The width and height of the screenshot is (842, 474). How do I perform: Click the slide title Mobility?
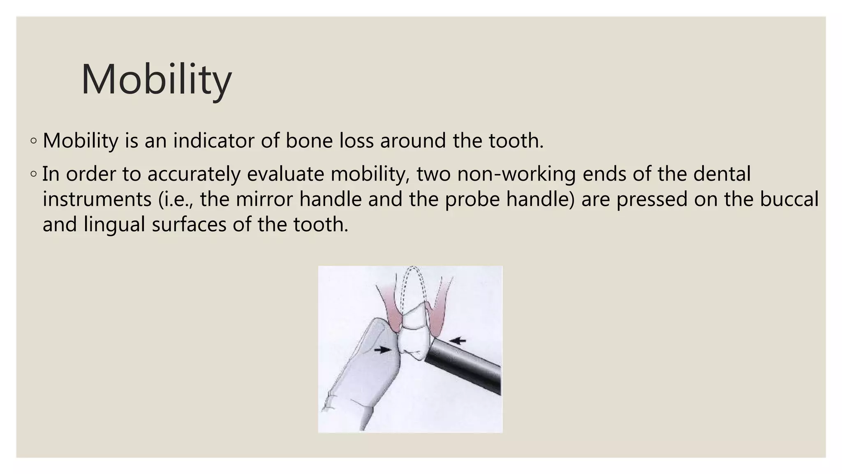156,80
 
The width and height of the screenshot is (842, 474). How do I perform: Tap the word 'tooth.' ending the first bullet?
516,141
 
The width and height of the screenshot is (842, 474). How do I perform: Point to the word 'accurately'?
194,174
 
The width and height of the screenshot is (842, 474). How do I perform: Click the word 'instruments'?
97,200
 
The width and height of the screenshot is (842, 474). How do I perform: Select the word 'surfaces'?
189,225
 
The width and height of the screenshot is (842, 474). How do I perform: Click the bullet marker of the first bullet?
33,141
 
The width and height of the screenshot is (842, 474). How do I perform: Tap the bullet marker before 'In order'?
33,174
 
